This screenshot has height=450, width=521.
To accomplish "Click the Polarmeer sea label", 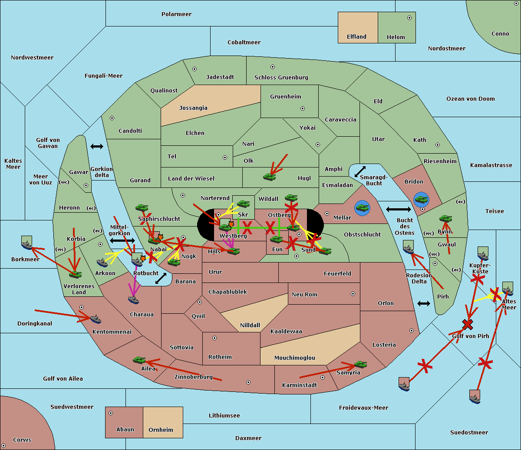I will pos(176,14).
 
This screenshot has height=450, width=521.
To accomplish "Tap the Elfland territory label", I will pos(356,37).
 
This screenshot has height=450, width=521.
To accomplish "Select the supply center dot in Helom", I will pos(409,18).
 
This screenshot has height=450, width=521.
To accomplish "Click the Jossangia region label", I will pos(193,108).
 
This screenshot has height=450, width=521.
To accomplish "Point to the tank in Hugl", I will pos(270,177).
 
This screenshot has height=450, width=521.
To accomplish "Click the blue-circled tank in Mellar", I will pos(362,207).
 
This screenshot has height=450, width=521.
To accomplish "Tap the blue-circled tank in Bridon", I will pos(421,200).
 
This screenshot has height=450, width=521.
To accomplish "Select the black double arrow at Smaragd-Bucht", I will pos(360,171).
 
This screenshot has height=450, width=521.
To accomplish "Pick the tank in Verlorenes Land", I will pos(75,274).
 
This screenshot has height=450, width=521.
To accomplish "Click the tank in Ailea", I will pos(139,360).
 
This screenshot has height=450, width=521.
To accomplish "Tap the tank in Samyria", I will pos(360,364).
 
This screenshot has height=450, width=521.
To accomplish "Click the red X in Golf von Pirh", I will pos(468,324).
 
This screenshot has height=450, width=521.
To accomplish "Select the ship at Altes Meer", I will pos(508,289).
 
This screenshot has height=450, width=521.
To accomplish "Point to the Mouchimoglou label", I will pos(295,358).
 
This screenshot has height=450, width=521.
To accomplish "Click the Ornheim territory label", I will pos(161,430).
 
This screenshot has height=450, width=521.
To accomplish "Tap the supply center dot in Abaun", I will pos(111,413).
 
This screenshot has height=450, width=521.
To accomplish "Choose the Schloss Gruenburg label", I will pos(281,78).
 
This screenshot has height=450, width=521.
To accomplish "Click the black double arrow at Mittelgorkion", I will pos(122,240).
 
